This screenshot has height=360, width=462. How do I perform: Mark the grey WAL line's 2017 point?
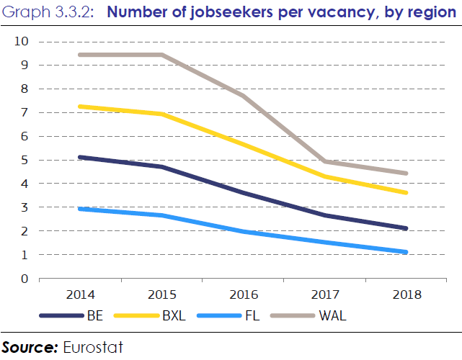point(326,162)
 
